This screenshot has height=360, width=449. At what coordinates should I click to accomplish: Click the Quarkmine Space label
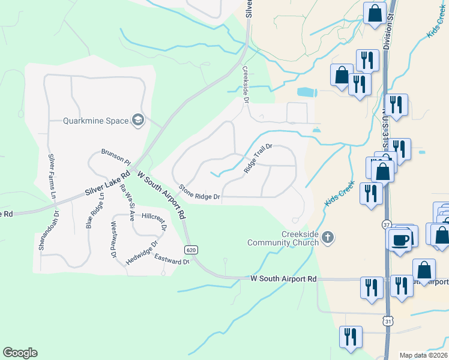pyautogui.click(x=96, y=121)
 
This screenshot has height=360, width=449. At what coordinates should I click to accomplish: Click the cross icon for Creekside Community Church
pyautogui.click(x=327, y=238)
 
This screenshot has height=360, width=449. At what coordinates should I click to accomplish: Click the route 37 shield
pyautogui.click(x=387, y=224)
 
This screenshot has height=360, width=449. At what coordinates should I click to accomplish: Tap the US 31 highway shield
pyautogui.click(x=390, y=322)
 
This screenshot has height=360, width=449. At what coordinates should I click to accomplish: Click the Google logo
pyautogui.click(x=20, y=353)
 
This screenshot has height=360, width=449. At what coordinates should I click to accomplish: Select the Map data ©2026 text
pyautogui.click(x=423, y=355)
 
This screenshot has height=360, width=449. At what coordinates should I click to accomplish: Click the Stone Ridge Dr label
pyautogui.click(x=200, y=192)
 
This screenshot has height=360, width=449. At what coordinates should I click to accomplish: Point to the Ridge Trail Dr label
pyautogui.click(x=258, y=158)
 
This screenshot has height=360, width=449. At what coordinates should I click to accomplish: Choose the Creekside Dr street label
pyautogui.click(x=246, y=84)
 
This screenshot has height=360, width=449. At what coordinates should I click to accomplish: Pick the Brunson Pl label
pyautogui.click(x=116, y=157)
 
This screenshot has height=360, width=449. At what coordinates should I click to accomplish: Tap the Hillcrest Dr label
pyautogui.click(x=153, y=217)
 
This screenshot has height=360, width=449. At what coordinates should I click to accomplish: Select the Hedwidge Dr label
pyautogui.click(x=141, y=253)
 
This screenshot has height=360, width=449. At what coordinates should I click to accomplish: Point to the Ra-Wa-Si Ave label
pyautogui.click(x=127, y=197)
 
